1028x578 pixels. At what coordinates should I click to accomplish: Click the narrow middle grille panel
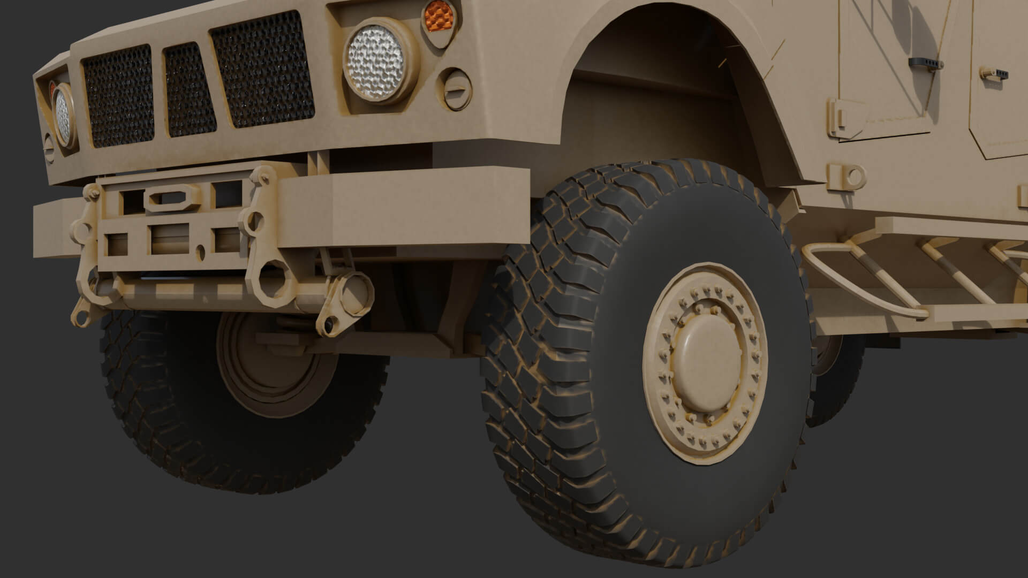190,89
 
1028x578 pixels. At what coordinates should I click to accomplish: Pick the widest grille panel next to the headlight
262,70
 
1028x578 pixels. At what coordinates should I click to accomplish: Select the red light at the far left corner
52,87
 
